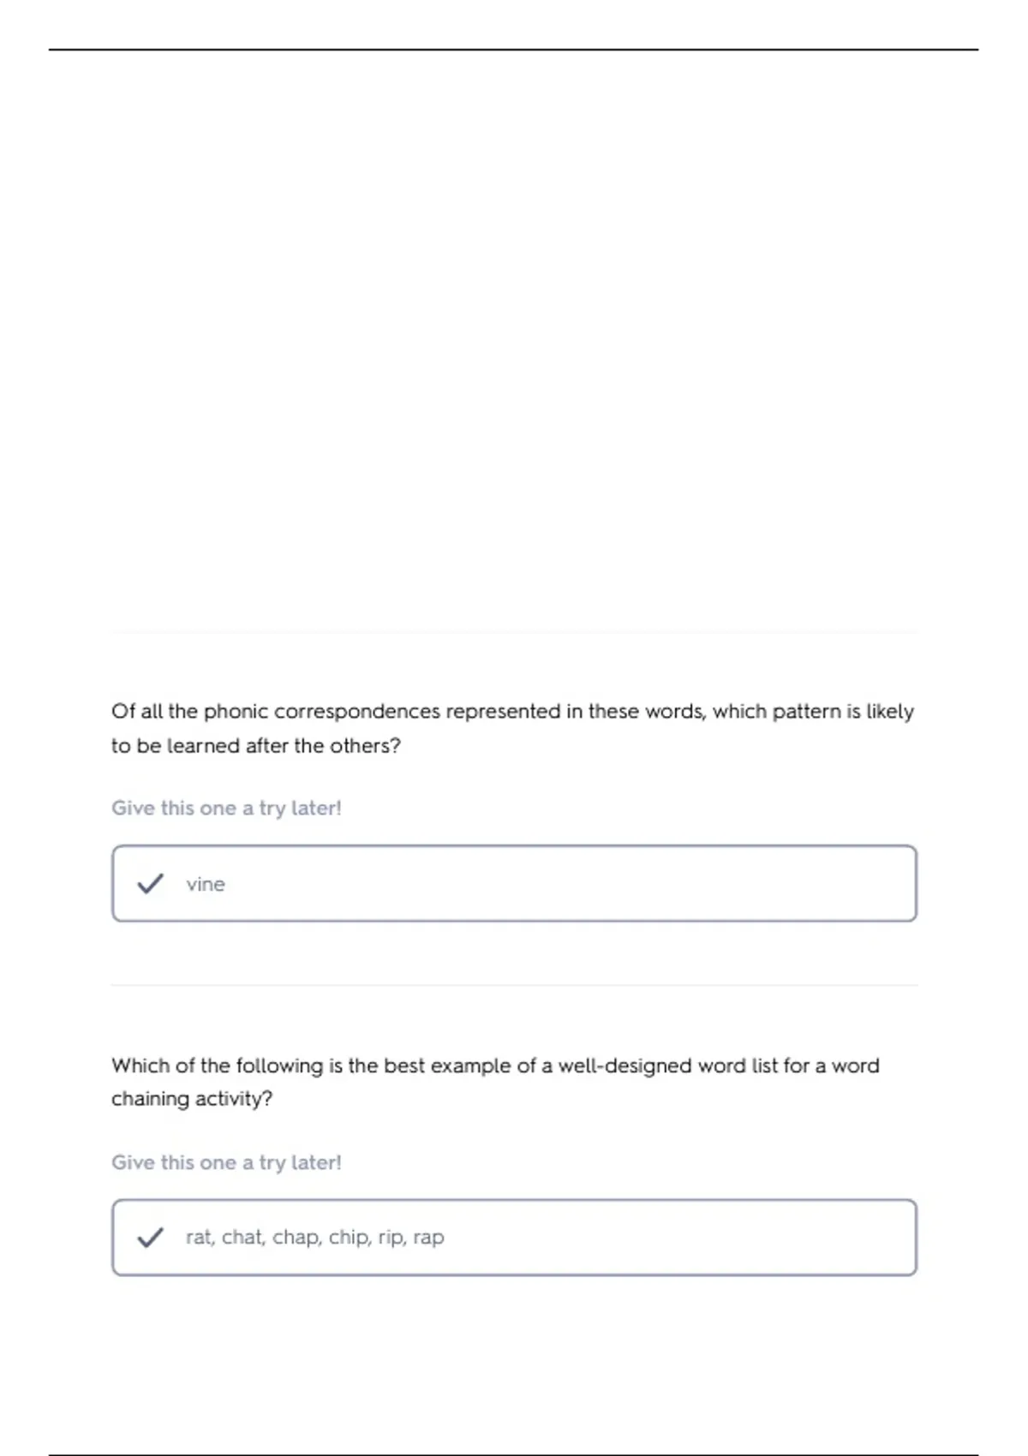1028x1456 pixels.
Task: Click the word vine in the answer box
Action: (206, 884)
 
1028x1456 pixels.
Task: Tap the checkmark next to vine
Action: (150, 883)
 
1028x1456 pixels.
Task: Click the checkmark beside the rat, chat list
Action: (150, 1237)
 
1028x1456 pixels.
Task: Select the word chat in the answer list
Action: (242, 1237)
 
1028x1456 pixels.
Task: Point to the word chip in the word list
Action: (349, 1237)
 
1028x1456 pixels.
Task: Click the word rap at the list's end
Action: (428, 1238)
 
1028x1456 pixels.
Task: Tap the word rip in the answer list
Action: (390, 1238)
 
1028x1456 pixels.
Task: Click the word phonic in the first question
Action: (236, 712)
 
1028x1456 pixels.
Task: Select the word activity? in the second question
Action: (232, 1099)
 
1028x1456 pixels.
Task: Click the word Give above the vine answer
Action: (133, 808)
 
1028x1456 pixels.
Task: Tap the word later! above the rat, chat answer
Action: (316, 1162)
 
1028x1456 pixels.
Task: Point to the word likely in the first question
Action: (890, 712)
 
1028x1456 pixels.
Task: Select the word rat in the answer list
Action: (199, 1238)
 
